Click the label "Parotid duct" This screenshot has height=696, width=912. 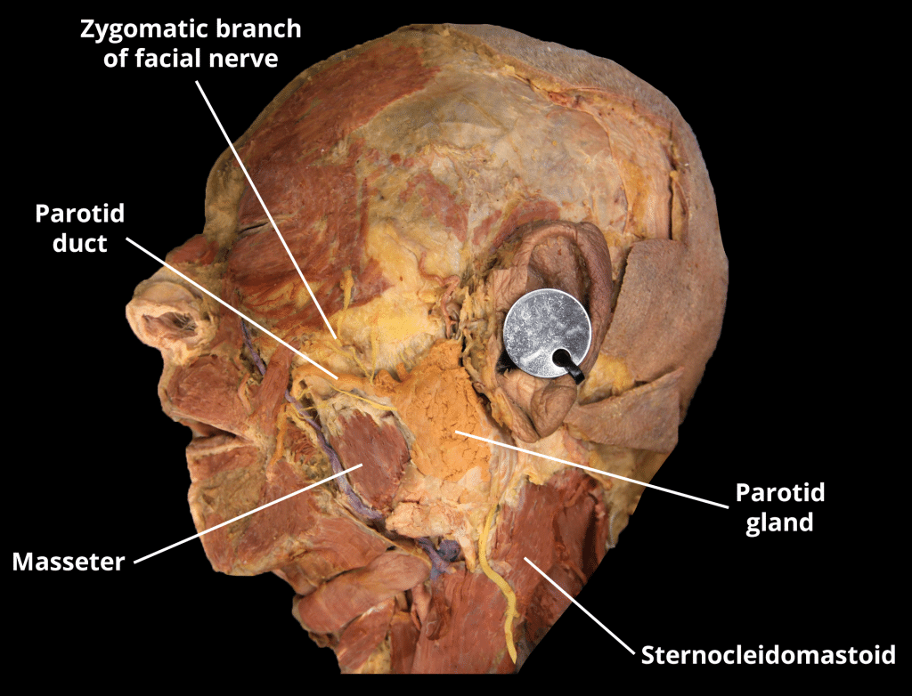click(79, 228)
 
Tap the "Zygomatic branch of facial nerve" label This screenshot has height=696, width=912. click(191, 43)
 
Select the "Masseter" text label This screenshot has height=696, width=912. click(68, 562)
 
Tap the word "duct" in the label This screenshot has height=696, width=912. click(79, 242)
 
